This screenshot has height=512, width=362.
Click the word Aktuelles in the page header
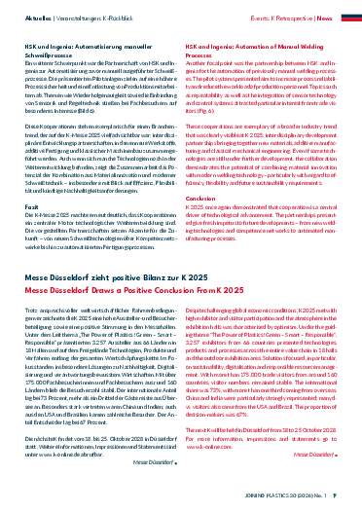pos(24,18)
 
